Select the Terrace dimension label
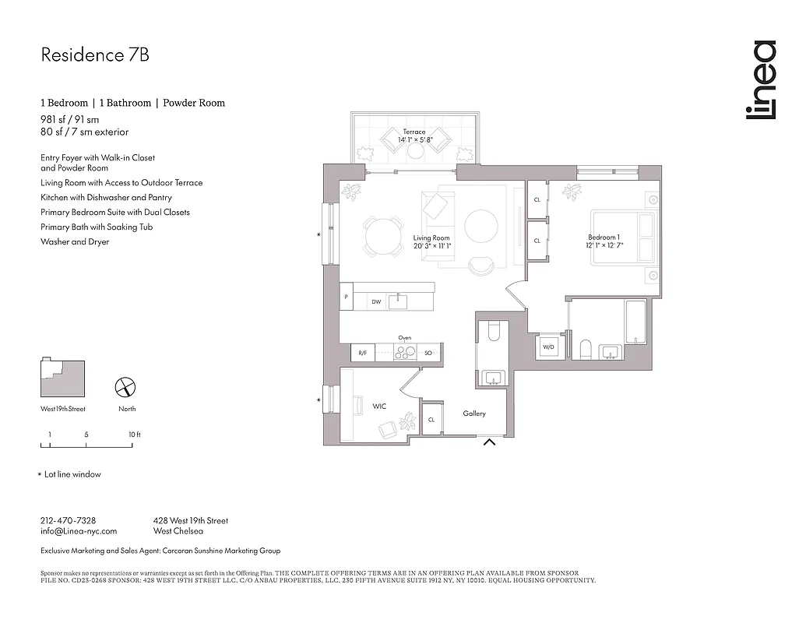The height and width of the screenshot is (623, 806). click(414, 136)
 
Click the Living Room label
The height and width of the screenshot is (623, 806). click(431, 242)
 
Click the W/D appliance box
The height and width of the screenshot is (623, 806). click(548, 347)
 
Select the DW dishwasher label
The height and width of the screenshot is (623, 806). click(376, 301)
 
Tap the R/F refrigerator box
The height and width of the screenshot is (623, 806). click(362, 353)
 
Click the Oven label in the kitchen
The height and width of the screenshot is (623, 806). click(404, 338)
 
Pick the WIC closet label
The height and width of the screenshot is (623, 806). click(379, 407)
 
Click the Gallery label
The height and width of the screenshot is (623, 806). click(474, 414)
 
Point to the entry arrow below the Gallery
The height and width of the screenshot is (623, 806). click(490, 443)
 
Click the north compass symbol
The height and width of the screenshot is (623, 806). click(126, 387)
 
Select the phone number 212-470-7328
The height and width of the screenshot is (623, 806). click(68, 520)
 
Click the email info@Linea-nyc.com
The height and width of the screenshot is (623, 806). click(78, 531)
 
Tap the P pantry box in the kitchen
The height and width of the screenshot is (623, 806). click(346, 297)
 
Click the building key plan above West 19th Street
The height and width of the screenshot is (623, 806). click(63, 378)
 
